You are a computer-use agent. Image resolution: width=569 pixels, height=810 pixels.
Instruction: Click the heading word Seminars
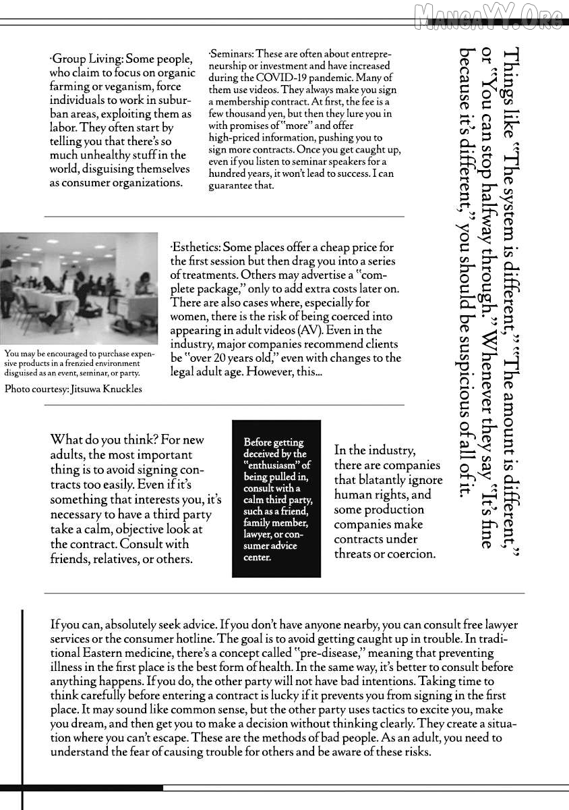pos(232,54)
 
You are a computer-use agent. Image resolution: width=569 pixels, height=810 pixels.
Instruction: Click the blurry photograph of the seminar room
pos(79,288)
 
